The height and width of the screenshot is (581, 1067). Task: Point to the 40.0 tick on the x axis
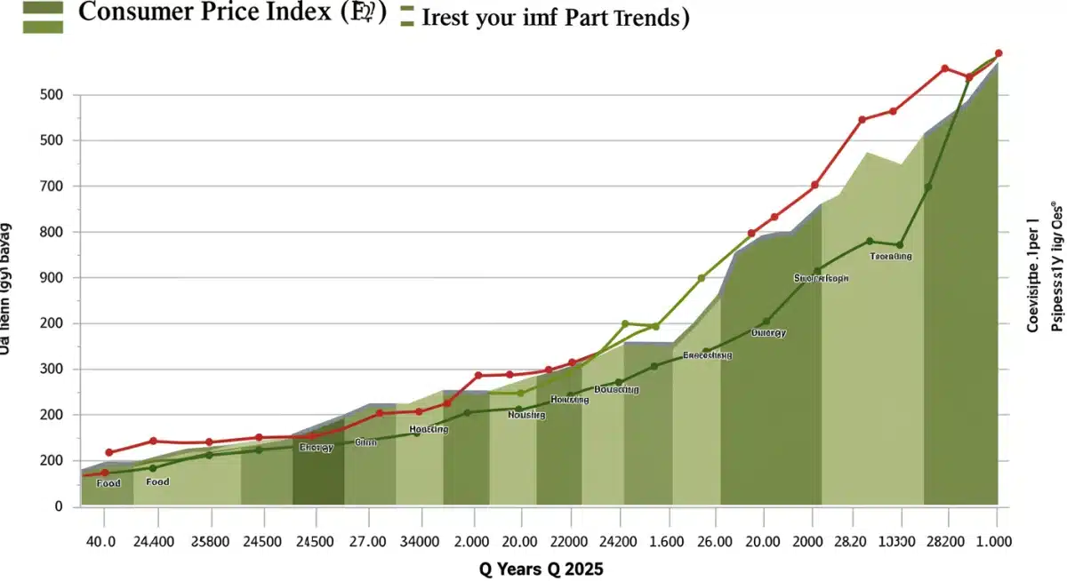click(x=100, y=541)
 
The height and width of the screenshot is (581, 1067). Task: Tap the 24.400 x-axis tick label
click(x=153, y=541)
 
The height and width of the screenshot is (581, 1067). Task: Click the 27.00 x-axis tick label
click(x=367, y=541)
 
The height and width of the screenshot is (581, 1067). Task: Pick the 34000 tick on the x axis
click(x=417, y=541)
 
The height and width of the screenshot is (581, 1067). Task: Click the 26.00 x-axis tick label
click(x=713, y=541)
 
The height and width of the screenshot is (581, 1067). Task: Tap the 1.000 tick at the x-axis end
click(x=994, y=541)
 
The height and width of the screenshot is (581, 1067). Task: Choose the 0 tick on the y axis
click(x=60, y=506)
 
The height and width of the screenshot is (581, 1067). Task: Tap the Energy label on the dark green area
click(x=316, y=448)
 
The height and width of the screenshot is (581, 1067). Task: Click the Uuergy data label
click(x=768, y=333)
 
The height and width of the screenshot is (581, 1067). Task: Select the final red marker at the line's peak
click(x=999, y=53)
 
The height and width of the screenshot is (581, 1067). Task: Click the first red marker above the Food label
click(x=109, y=453)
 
